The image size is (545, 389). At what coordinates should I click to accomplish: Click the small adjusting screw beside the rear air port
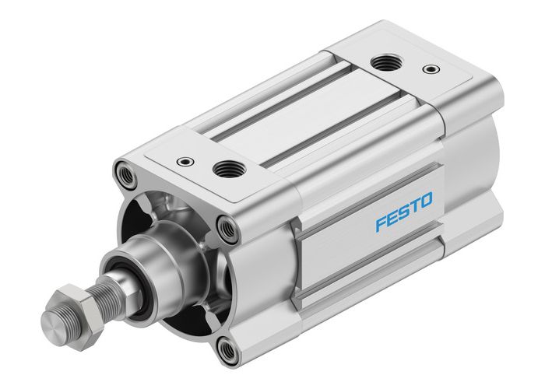[429, 69]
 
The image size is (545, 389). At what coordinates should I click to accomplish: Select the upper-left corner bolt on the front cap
[125, 171]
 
